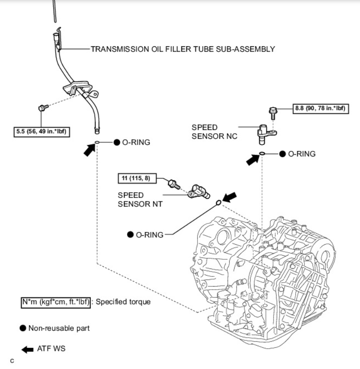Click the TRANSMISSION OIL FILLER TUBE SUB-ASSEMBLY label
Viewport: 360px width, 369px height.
tap(183, 49)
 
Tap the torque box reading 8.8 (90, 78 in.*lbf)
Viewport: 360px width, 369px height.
tap(321, 108)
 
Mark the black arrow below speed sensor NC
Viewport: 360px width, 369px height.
tap(253, 160)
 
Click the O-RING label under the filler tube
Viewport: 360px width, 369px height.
tap(136, 142)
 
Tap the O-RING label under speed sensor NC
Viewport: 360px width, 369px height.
tap(301, 154)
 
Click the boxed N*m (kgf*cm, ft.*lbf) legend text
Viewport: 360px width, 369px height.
tap(56, 302)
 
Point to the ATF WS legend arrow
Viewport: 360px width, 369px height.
tap(27, 349)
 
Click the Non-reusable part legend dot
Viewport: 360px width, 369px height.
tap(24, 328)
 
